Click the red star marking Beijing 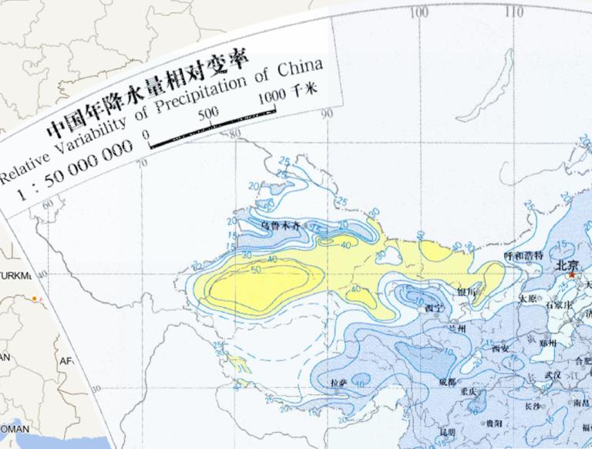[x=572, y=275]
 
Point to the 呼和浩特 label [x=523, y=255]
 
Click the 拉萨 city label [x=338, y=383]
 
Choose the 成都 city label [x=446, y=382]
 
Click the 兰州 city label [x=457, y=329]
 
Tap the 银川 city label [x=467, y=292]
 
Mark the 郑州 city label [x=548, y=343]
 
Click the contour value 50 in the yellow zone [x=256, y=270]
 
